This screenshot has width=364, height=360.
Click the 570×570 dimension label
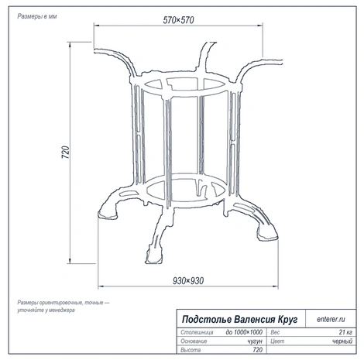point(178,20)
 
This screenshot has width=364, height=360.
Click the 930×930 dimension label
point(188,280)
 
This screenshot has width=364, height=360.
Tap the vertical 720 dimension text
point(66,152)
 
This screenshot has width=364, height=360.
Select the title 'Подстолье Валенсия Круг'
point(240,319)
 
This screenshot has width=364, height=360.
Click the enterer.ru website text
point(331,319)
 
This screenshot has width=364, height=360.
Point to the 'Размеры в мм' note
point(37,16)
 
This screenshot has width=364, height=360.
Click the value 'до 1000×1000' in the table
point(244,332)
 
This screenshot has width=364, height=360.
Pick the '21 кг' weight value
point(345,332)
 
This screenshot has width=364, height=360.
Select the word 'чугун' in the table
point(255,341)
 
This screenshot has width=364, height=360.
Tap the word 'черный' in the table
point(342,341)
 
